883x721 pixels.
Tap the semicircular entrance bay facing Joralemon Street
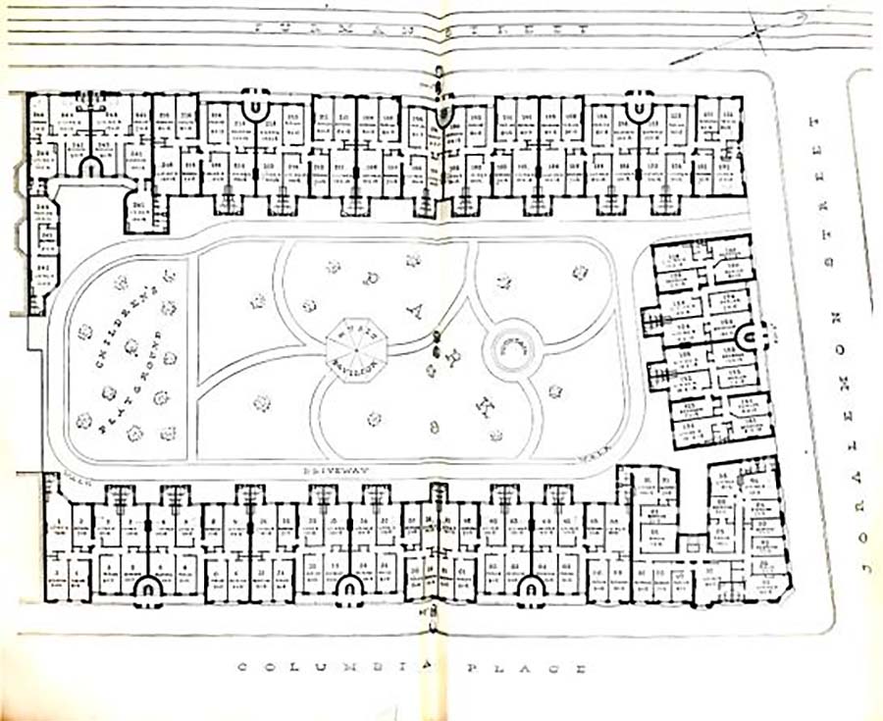[754, 339]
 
